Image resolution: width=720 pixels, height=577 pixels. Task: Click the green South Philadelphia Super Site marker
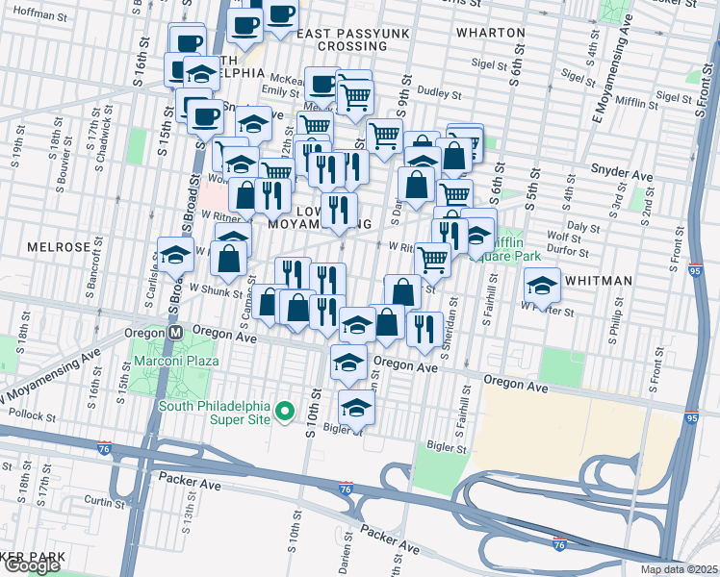[284, 412]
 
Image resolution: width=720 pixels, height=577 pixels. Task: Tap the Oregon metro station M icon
[176, 332]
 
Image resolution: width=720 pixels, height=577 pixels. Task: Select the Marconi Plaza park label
[175, 361]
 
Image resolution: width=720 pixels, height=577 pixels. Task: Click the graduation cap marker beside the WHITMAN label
[542, 284]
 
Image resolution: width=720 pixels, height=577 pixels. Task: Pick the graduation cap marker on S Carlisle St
[175, 255]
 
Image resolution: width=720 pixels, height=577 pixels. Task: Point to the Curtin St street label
[99, 500]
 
